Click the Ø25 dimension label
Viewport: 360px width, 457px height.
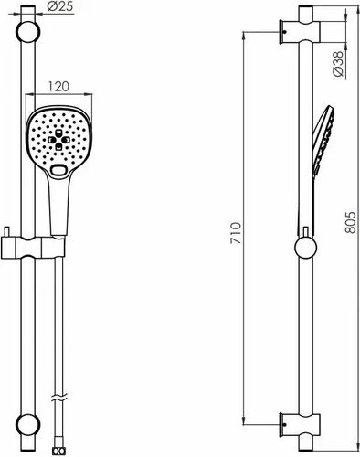pos(60,6)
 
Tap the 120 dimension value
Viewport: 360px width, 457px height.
pos(58,87)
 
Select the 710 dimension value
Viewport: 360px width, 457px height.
pos(236,233)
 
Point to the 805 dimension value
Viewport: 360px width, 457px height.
pos(350,222)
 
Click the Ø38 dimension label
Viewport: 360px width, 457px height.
pos(338,63)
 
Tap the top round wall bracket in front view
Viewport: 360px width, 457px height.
pos(27,32)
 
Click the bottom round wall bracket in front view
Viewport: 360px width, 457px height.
pos(27,424)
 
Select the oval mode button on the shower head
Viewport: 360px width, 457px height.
pos(59,170)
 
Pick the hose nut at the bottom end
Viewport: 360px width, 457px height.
pos(58,452)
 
